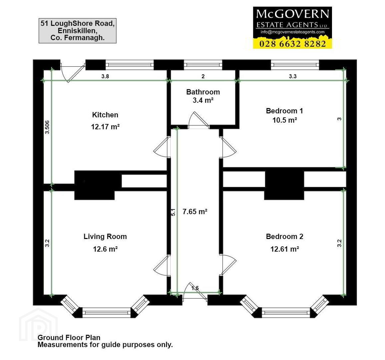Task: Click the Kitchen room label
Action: [x=105, y=115]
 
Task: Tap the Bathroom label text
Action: [x=203, y=92]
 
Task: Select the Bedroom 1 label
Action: [x=285, y=111]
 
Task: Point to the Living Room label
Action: [x=105, y=236]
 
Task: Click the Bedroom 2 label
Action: [x=285, y=236]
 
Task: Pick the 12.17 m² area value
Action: [x=105, y=127]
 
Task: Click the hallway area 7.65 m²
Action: [x=195, y=211]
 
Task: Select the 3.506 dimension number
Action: [x=47, y=127]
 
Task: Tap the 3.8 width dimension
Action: [x=105, y=76]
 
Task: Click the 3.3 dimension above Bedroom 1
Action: [x=293, y=76]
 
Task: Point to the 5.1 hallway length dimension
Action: [x=173, y=212]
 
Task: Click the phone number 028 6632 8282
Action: [x=293, y=44]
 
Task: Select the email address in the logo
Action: [x=293, y=32]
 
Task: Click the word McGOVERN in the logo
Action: [x=293, y=14]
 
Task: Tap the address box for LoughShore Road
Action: [x=78, y=31]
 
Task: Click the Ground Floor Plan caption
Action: [x=69, y=337]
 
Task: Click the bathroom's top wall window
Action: [x=203, y=65]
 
